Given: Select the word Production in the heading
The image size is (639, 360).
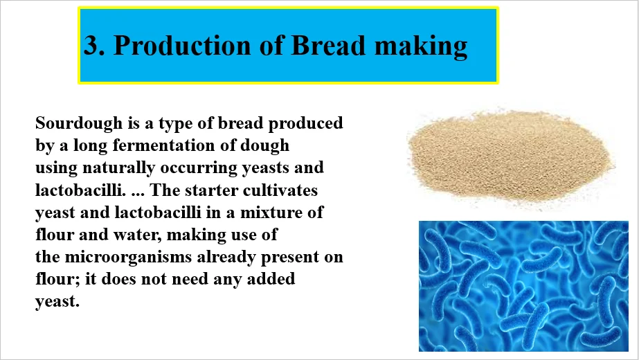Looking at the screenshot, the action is point(183,45).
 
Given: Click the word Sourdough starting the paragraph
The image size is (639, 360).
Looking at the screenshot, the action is point(79,123).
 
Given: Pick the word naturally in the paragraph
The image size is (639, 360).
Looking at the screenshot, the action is point(118,168).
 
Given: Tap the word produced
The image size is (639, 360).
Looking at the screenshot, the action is point(305,123).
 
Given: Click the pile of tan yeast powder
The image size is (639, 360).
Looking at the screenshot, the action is point(511,157).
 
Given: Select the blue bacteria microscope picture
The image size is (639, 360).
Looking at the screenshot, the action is point(523,286).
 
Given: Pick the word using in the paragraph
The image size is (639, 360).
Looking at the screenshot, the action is point(56,168).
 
